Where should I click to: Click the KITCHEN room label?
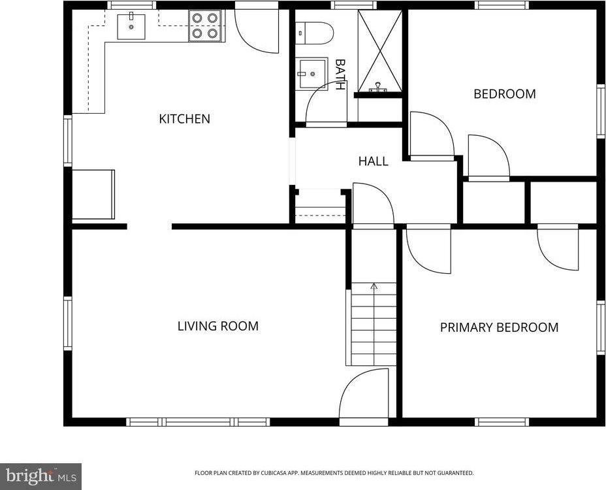pos(184,119)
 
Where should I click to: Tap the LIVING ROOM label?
pos(218,326)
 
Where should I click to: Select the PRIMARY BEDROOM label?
pos(500,327)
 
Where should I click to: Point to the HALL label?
pos(374,161)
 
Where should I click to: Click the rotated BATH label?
pos(340,74)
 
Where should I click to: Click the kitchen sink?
pos(131,26)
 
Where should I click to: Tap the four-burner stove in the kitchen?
pos(205,26)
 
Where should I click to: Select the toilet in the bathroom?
pos(314,33)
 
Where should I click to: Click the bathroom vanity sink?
pos(311,73)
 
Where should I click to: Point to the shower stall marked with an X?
pos(380,51)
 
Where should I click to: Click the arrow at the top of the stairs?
pos(374,286)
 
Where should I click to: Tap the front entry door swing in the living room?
pos(363,393)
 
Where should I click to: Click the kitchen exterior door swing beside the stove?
pos(256,31)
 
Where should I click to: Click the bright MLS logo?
pos(40,476)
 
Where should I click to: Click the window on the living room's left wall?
pos(68,323)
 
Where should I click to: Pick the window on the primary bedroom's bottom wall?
pos(502,422)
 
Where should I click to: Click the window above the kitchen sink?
pos(131,5)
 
